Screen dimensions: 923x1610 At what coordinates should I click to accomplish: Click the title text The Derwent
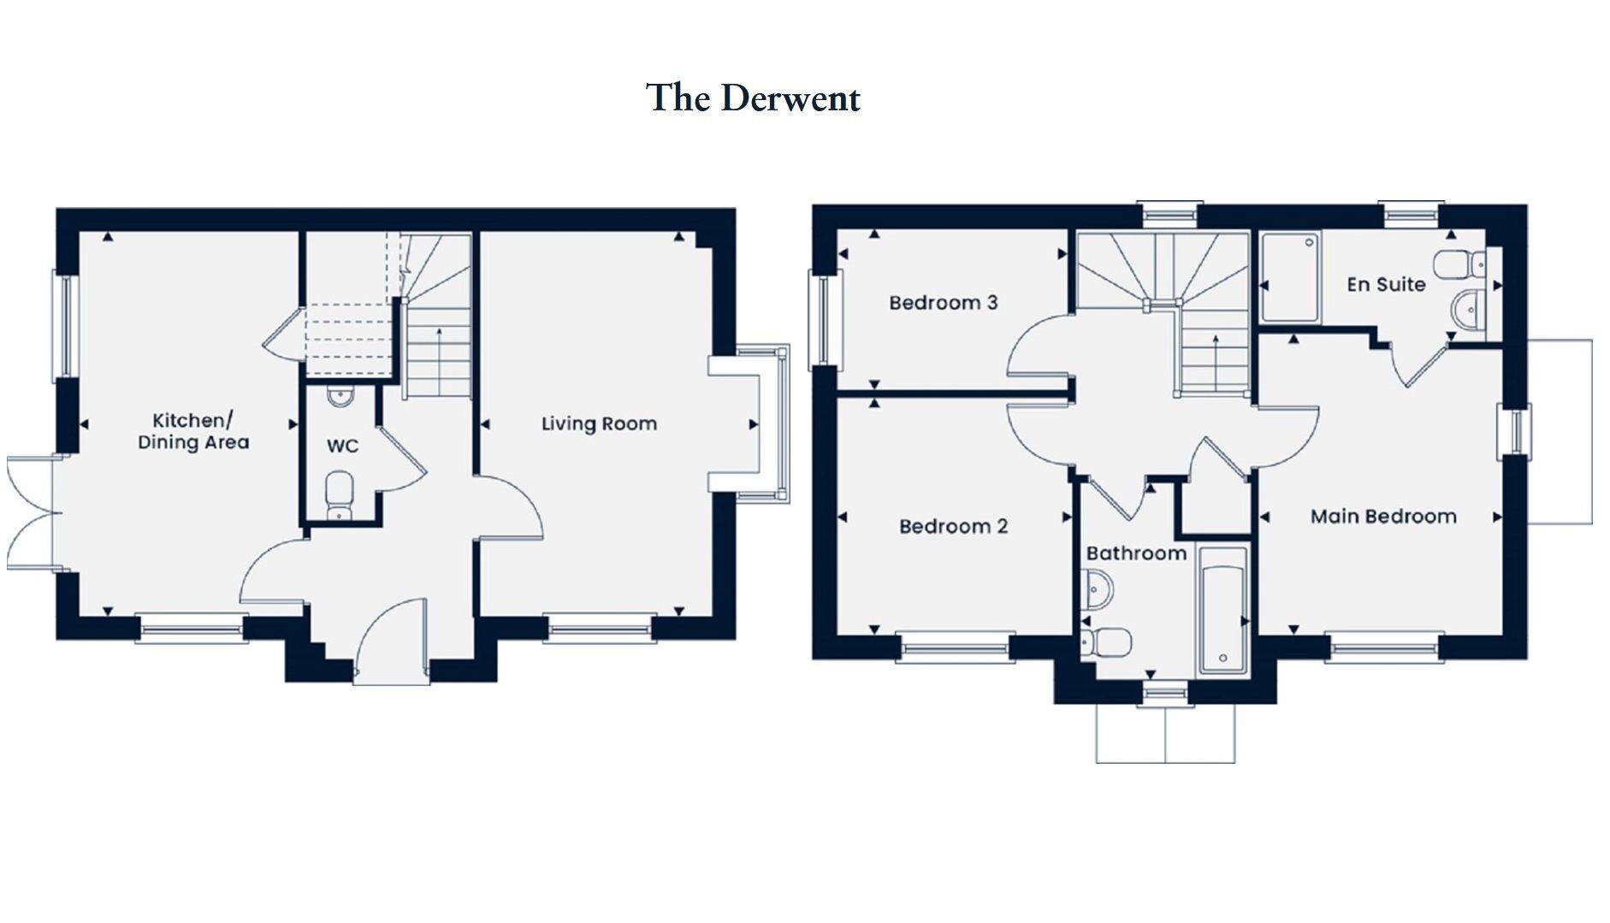click(x=753, y=98)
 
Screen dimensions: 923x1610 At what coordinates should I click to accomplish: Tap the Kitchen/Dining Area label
click(x=193, y=431)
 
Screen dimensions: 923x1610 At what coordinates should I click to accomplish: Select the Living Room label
click(x=599, y=423)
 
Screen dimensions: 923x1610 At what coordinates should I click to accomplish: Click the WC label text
click(x=342, y=446)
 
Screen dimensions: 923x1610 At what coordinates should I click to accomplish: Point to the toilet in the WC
click(x=340, y=494)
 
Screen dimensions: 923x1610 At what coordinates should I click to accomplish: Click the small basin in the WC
click(x=340, y=397)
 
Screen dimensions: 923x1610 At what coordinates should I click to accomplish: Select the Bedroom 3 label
click(x=943, y=303)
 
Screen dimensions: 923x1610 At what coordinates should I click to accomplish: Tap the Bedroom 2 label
click(x=953, y=526)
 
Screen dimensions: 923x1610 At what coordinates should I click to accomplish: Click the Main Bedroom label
click(x=1382, y=517)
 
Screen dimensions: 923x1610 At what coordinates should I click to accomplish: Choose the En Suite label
click(x=1385, y=284)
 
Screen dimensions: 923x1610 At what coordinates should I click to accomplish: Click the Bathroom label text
click(x=1136, y=553)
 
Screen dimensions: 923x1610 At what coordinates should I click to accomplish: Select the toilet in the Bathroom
click(x=1107, y=642)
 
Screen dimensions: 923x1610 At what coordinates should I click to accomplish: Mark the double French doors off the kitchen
click(x=30, y=513)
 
